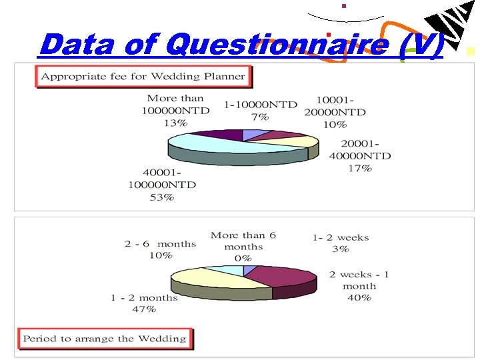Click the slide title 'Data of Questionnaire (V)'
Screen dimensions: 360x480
pos(240,45)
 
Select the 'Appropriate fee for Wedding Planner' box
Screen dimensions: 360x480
pos(143,77)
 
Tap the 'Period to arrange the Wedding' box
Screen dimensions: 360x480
pos(105,339)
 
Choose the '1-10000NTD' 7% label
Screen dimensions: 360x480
pos(260,111)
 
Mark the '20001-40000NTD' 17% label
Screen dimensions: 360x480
pos(359,156)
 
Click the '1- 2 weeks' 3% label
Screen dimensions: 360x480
pos(340,243)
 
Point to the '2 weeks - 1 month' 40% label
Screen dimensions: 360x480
pos(359,286)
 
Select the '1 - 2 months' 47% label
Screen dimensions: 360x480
pos(144,303)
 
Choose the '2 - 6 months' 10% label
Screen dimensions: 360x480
pos(161,249)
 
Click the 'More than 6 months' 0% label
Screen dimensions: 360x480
pos(243,247)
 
